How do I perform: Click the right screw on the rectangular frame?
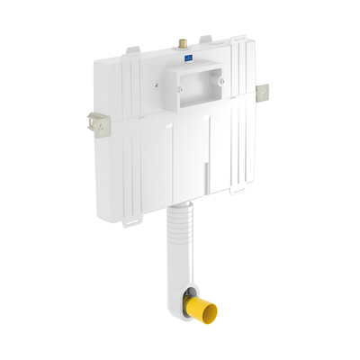221,82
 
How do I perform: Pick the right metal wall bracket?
263,92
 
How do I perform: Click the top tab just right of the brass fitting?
205,40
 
